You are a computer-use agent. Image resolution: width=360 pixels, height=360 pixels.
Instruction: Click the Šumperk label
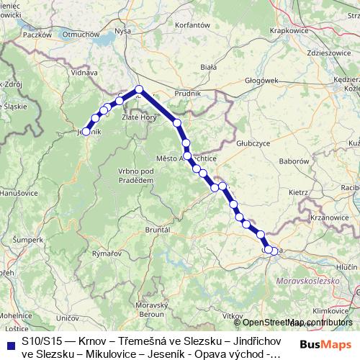click(28, 238)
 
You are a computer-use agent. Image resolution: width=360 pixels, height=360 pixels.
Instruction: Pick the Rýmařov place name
click(107, 253)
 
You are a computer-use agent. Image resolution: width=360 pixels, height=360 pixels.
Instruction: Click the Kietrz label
click(297, 193)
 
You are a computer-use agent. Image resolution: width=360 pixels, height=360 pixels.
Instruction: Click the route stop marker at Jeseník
click(86, 132)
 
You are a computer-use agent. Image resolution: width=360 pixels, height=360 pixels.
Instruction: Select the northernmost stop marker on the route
click(140, 90)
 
